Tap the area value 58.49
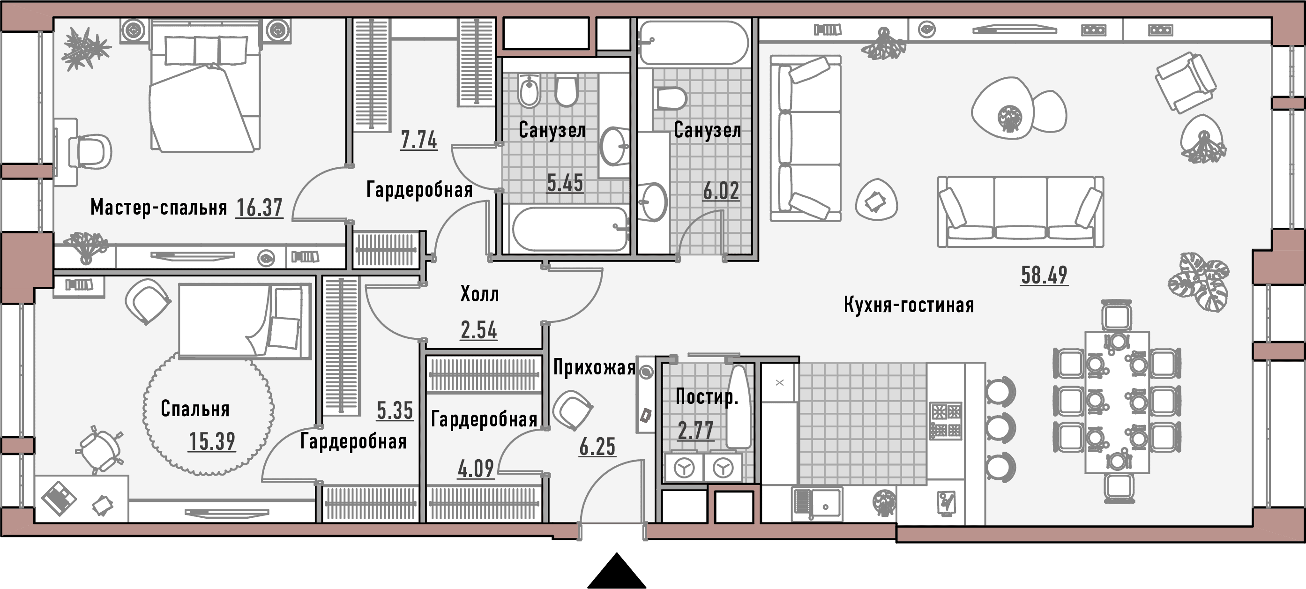(1044, 275)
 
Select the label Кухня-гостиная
(909, 305)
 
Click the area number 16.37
(259, 208)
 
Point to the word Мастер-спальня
(159, 207)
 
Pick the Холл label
(479, 294)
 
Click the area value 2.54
(478, 330)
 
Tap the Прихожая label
(594, 367)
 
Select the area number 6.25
(597, 447)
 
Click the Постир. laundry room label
(707, 396)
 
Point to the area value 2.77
(695, 431)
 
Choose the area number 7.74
(419, 141)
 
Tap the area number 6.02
(720, 191)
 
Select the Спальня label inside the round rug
(195, 409)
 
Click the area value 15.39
(212, 441)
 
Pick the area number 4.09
(476, 469)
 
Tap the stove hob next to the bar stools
(946, 421)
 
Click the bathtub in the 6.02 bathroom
(693, 43)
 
